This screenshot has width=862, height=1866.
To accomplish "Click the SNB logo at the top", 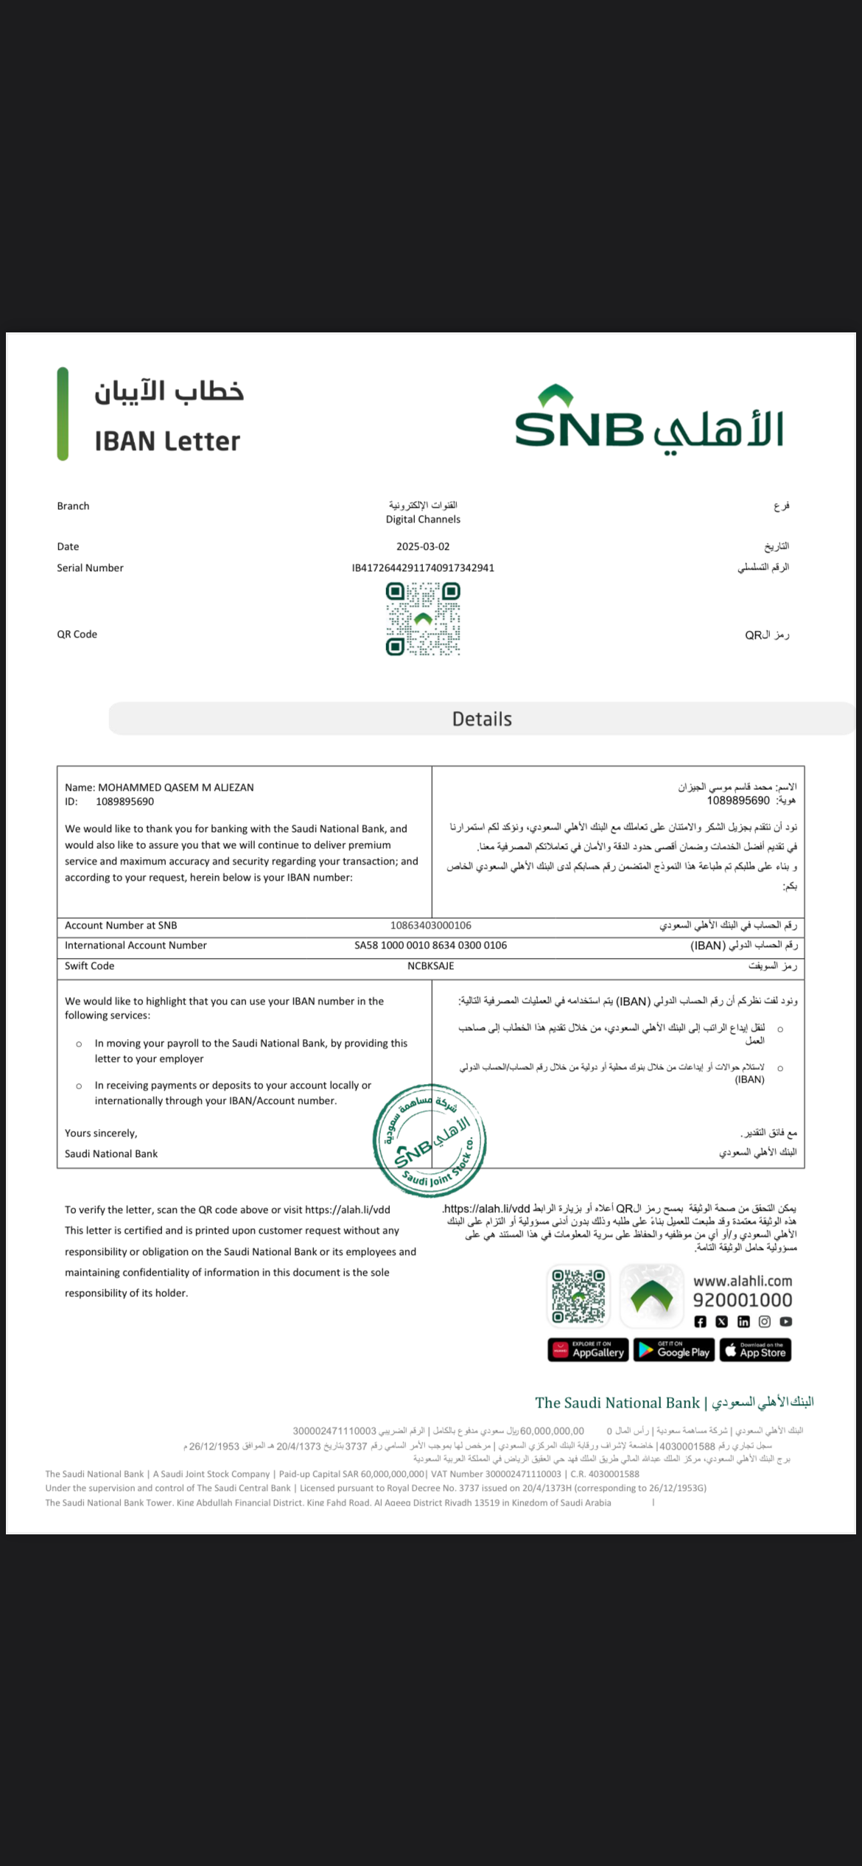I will pyautogui.click(x=648, y=419).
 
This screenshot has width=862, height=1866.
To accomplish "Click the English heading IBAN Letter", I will pyautogui.click(x=167, y=441).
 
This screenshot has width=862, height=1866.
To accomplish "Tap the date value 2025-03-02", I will pyautogui.click(x=423, y=547).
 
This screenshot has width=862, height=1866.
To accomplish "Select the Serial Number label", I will pyautogui.click(x=90, y=568).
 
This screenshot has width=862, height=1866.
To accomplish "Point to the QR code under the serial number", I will pyautogui.click(x=423, y=619).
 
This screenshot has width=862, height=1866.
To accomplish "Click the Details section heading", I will pyautogui.click(x=482, y=719).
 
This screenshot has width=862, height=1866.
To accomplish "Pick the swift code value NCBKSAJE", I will pyautogui.click(x=431, y=966).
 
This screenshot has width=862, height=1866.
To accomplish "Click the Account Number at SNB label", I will pyautogui.click(x=121, y=926).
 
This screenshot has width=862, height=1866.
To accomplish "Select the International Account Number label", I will pyautogui.click(x=136, y=946).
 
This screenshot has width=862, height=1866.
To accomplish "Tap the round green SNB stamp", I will pyautogui.click(x=430, y=1140).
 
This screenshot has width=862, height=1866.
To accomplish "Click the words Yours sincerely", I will pyautogui.click(x=101, y=1133).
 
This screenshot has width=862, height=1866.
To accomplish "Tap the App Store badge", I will pyautogui.click(x=755, y=1350).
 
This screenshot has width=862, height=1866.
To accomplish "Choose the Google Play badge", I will pyautogui.click(x=674, y=1350).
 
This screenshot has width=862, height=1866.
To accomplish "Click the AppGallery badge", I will pyautogui.click(x=588, y=1350).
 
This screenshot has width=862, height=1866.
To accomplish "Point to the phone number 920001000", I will pyautogui.click(x=743, y=1300).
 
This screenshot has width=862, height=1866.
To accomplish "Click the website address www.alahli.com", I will pyautogui.click(x=743, y=1281).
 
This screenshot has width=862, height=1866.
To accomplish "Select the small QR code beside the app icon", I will pyautogui.click(x=579, y=1296).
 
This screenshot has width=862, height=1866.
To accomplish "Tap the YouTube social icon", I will pyautogui.click(x=786, y=1322).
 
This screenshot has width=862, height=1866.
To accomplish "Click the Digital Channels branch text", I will pyautogui.click(x=423, y=520).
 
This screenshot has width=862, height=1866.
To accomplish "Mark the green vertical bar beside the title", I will pyautogui.click(x=63, y=414).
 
